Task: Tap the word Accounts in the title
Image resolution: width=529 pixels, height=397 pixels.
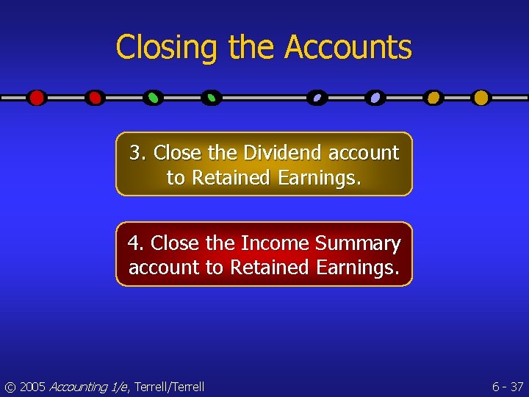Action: pyautogui.click(x=348, y=47)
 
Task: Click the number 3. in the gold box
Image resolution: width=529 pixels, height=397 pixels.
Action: pyautogui.click(x=138, y=153)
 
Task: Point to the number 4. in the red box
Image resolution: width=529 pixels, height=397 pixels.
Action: pyautogui.click(x=136, y=243)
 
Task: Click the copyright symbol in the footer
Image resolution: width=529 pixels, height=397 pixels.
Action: pyautogui.click(x=9, y=387)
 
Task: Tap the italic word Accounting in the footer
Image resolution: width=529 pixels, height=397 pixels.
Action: pyautogui.click(x=79, y=387)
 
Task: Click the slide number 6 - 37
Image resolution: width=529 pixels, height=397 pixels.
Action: pyautogui.click(x=507, y=387)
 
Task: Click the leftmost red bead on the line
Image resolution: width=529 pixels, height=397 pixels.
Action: pyautogui.click(x=36, y=98)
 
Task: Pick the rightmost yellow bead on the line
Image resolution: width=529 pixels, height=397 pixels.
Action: pyautogui.click(x=481, y=98)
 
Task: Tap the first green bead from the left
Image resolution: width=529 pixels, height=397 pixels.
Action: pyautogui.click(x=153, y=98)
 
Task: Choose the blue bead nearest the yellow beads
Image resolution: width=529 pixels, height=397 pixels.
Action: pyautogui.click(x=375, y=98)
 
